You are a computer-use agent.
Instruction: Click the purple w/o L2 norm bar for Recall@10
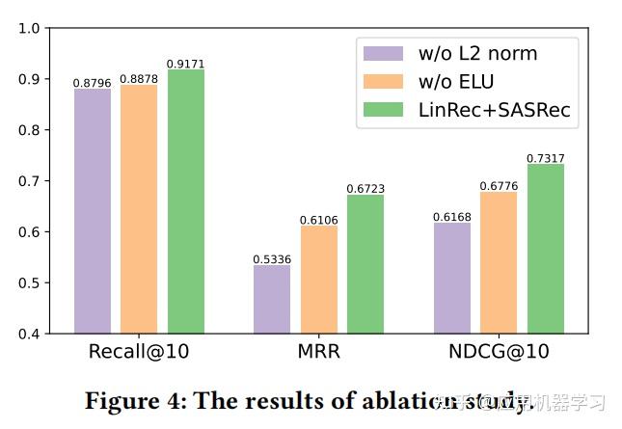click(93, 211)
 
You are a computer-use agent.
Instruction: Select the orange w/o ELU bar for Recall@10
click(139, 209)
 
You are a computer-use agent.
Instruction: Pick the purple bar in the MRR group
click(272, 299)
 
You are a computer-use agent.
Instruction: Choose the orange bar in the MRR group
click(319, 280)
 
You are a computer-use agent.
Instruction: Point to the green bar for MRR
click(365, 264)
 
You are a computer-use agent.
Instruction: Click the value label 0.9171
click(186, 64)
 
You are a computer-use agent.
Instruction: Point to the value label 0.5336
click(272, 259)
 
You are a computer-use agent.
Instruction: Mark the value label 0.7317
click(546, 158)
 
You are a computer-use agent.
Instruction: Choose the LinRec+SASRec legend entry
click(495, 110)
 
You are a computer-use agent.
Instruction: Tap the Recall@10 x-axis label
click(139, 352)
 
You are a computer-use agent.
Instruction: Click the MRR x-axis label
click(319, 352)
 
